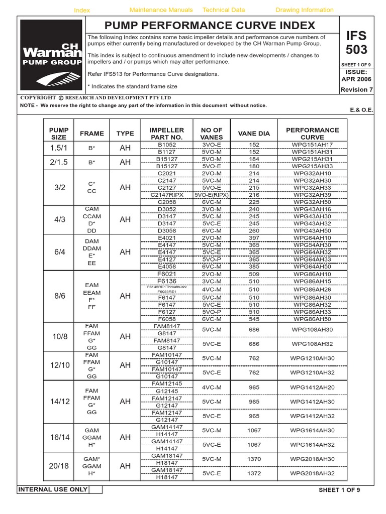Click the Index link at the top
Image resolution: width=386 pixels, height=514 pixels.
[x=81, y=11]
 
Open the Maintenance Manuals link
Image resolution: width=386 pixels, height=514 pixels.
[x=161, y=10]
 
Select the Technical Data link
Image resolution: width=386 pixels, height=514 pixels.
[x=224, y=10]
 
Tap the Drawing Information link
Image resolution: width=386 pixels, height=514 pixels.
[x=305, y=10]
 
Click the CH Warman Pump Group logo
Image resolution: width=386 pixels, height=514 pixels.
[x=52, y=55]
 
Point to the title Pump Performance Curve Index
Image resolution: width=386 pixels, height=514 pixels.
[x=210, y=26]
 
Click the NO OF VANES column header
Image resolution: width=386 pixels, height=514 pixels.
[x=211, y=134]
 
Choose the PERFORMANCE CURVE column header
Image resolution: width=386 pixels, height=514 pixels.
[x=312, y=134]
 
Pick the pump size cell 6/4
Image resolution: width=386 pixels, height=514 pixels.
[x=60, y=252]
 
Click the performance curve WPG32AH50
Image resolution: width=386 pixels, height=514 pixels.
[x=312, y=201]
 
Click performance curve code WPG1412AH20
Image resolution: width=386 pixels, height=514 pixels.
[x=312, y=388]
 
